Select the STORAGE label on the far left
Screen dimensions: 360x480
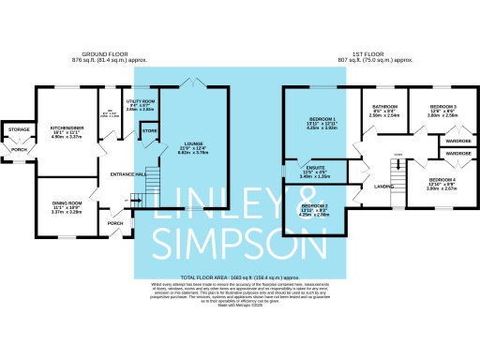click(x=19, y=129)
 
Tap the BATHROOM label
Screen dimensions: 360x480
click(x=383, y=107)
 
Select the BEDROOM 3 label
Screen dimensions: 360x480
click(x=442, y=108)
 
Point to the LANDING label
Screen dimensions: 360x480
click(x=383, y=187)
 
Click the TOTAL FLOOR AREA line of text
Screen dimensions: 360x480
click(x=240, y=279)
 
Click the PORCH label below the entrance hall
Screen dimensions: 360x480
click(x=116, y=223)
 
